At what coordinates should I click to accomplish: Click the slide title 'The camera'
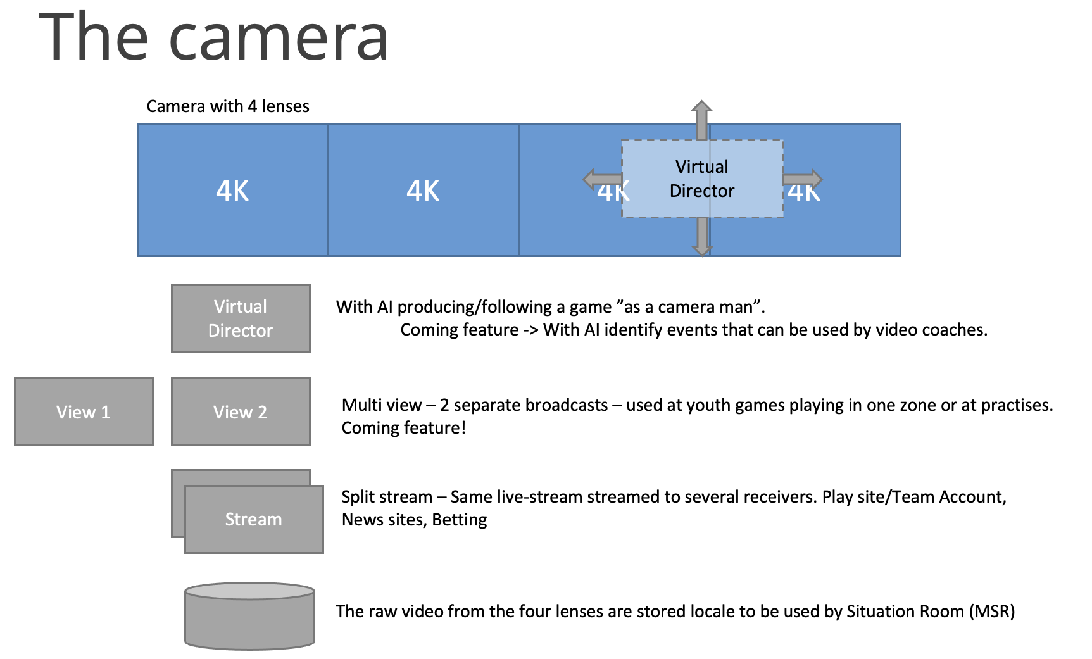(214, 38)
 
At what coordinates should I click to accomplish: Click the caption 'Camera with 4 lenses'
(228, 106)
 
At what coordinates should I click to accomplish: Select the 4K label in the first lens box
(232, 191)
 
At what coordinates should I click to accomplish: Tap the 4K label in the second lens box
(423, 191)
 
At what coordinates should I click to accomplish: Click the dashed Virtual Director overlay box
(702, 179)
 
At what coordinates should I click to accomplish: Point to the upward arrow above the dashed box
(701, 118)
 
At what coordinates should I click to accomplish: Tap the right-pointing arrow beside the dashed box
(803, 179)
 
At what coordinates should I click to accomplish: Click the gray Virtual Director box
(241, 318)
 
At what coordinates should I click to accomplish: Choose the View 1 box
(84, 412)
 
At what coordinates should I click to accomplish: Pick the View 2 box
(241, 412)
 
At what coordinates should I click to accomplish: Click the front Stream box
(254, 520)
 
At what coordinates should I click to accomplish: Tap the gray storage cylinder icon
(249, 616)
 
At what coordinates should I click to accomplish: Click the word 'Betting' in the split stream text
(460, 520)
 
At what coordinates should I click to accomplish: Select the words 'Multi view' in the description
(382, 405)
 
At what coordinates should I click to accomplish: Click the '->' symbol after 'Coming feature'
(530, 330)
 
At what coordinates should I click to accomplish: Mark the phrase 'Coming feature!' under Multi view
(404, 428)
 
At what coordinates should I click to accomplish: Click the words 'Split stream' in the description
(387, 497)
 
